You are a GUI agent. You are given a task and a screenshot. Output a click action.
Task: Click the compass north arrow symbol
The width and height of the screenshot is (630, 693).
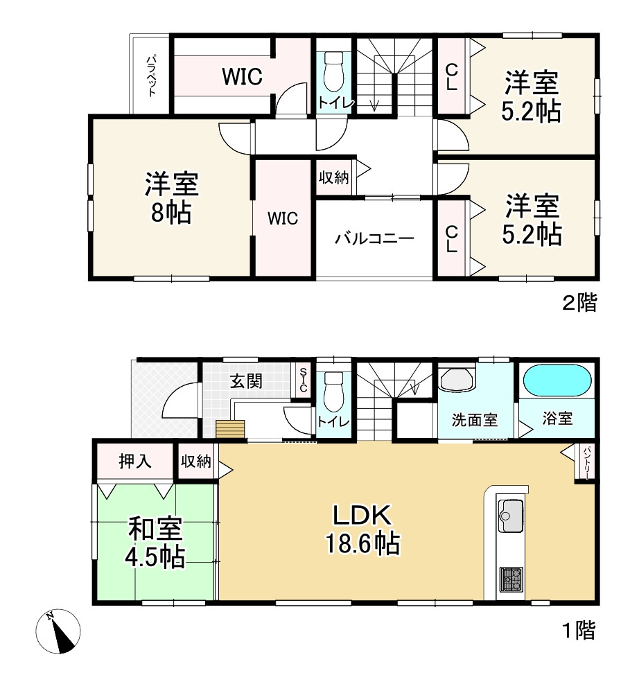click(58, 631)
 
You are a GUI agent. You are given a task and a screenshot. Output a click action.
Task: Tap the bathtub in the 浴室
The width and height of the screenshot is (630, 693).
click(557, 380)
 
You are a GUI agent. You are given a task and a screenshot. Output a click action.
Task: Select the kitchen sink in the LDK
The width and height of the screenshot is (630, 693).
click(511, 515)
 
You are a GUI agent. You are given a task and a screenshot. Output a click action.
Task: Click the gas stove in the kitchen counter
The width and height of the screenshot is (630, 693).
click(511, 579)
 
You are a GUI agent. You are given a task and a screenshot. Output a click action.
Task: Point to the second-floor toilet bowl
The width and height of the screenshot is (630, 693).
click(334, 71)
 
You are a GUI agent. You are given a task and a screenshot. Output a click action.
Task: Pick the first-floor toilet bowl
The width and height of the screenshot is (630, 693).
click(334, 391)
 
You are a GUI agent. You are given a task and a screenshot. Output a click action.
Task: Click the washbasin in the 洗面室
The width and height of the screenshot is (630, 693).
click(457, 380)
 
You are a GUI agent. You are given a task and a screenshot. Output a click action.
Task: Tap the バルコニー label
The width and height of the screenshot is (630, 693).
click(374, 239)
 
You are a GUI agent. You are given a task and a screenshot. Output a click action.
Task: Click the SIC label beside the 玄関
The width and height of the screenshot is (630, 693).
click(303, 380)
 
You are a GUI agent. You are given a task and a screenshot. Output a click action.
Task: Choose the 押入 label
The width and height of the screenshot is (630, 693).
click(135, 462)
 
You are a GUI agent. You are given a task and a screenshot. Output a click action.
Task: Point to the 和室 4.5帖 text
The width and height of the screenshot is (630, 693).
click(155, 543)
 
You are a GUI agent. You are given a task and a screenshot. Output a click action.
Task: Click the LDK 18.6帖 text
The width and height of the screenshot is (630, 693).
click(362, 529)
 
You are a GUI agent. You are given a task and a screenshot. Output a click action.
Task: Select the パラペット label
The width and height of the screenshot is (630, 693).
click(151, 75)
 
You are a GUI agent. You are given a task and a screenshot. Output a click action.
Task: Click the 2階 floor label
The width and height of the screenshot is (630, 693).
click(579, 304)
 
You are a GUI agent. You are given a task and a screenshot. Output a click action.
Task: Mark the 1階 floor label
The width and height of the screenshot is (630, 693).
click(579, 630)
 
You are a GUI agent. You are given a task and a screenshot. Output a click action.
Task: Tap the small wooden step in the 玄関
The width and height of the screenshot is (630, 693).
click(230, 429)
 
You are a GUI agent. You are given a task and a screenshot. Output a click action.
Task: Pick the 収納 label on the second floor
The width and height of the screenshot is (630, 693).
click(334, 177)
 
